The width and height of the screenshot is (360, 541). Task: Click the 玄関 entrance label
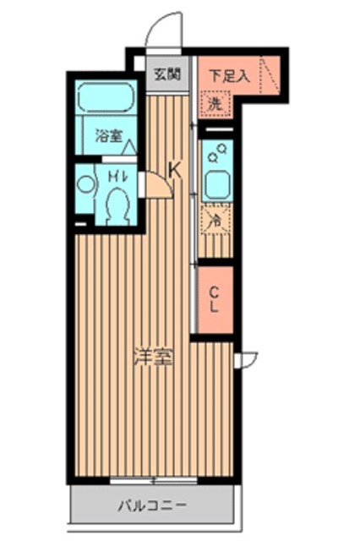(166, 74)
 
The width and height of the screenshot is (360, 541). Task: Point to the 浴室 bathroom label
(108, 134)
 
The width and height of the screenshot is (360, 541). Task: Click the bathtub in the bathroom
(106, 99)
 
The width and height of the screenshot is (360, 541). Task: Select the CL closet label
(215, 300)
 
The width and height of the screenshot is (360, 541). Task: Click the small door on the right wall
(245, 359)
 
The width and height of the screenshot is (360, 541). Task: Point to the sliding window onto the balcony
(152, 480)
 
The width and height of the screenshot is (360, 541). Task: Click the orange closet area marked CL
(215, 302)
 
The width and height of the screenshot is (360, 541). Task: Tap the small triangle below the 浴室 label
(130, 149)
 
